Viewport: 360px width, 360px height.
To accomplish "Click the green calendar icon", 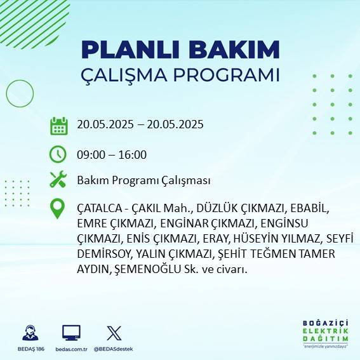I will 58,125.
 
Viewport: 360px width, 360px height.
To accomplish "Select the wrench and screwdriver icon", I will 58,180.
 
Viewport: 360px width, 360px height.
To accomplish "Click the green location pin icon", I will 58,208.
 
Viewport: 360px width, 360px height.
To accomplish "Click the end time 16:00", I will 133,154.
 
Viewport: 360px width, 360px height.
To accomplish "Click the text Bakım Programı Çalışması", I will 143,180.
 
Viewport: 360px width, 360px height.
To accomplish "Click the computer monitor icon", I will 71,333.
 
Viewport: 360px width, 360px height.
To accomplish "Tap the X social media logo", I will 114,333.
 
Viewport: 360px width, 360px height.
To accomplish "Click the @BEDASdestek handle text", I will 114,349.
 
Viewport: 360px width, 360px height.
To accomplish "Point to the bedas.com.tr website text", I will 71,349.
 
